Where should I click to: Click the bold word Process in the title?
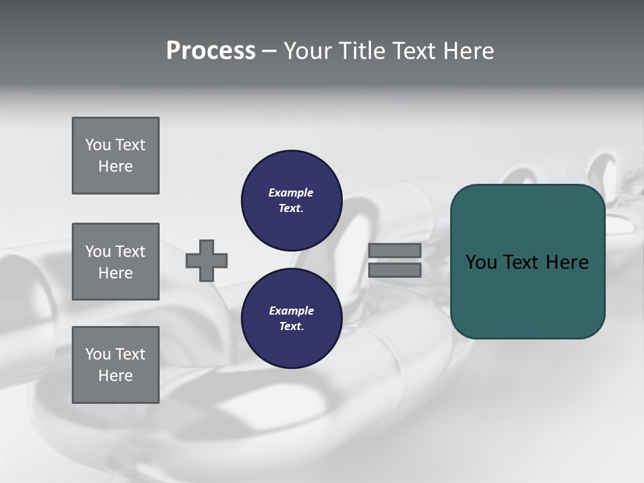pos(211,51)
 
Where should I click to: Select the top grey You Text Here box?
pos(115,156)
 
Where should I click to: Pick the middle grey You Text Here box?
pos(115,262)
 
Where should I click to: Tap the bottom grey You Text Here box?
pos(115,365)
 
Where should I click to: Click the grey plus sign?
pos(207,260)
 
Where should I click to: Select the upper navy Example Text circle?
pos(291,201)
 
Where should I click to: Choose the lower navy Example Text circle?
pos(291,319)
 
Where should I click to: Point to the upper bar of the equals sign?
pos(394,251)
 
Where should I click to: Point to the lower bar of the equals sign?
pos(394,270)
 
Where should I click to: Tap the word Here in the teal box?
pos(567,262)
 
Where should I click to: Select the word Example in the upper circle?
pos(291,193)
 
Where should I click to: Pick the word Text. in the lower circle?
pos(291,327)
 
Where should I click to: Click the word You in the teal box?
pos(481,262)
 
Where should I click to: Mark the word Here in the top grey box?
pos(115,166)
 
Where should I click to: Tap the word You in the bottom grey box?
pos(98,354)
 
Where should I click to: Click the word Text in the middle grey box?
pos(130,252)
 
